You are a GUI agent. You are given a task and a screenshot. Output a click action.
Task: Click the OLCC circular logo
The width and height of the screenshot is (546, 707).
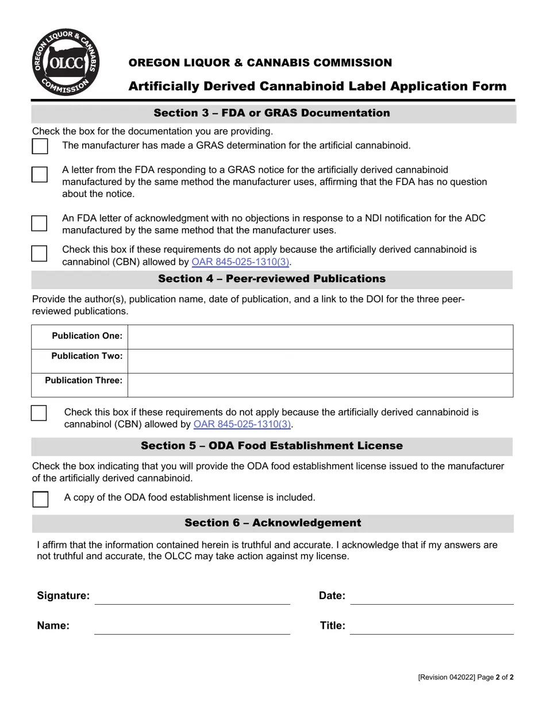(66, 63)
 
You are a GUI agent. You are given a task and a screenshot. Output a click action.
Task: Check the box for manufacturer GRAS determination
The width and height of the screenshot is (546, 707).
(40, 146)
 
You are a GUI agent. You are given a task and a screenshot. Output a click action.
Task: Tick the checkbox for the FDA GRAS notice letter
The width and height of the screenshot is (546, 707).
(40, 175)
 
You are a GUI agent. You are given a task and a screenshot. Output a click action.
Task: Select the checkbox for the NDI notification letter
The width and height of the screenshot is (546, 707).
(40, 224)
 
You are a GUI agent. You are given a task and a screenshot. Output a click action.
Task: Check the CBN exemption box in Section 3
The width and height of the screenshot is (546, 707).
(40, 253)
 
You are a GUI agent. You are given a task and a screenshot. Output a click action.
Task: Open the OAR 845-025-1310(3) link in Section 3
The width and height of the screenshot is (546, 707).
(240, 262)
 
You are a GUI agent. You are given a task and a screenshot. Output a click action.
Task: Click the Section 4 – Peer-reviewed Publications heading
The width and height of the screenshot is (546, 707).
(272, 279)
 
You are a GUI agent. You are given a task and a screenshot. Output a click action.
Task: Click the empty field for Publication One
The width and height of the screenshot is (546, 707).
(320, 337)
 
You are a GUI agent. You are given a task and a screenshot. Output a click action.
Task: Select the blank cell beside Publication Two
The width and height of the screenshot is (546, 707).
(320, 361)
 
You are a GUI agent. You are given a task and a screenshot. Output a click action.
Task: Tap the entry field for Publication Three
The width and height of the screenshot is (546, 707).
(320, 385)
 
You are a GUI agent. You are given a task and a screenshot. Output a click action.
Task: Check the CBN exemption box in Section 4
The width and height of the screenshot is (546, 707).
(39, 413)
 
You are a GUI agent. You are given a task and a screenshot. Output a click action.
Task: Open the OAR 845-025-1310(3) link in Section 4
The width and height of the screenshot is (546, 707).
(243, 425)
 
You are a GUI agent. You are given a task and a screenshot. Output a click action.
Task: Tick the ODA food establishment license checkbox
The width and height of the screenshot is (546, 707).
(40, 499)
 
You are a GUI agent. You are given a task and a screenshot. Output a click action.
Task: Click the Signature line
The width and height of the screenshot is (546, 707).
(192, 598)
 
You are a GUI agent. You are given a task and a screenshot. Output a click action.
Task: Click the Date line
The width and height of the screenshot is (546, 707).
(432, 598)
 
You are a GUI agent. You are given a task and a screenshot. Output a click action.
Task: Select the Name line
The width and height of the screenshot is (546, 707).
(192, 628)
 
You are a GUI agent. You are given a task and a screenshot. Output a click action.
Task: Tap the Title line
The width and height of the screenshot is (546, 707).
(432, 628)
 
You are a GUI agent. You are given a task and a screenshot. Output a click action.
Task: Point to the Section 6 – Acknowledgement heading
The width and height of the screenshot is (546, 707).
(272, 523)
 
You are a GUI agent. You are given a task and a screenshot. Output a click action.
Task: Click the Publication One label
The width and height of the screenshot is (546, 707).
(87, 336)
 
